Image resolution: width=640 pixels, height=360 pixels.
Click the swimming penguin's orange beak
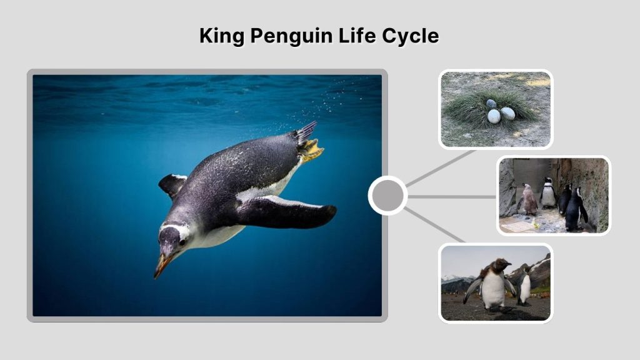click(x=162, y=266)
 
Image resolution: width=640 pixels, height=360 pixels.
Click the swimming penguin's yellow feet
click(x=311, y=150)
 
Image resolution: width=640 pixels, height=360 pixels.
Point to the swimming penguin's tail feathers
click(x=306, y=132)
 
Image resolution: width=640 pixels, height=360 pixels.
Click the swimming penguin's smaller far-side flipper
click(x=172, y=184)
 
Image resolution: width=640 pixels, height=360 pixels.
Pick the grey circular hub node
click(x=387, y=196)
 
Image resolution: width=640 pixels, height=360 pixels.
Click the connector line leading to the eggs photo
click(x=441, y=167)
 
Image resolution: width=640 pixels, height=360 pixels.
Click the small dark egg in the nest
click(x=491, y=104)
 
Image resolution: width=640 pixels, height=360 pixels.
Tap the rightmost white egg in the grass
click(x=507, y=114)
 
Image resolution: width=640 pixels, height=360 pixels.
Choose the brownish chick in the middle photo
click(x=529, y=199)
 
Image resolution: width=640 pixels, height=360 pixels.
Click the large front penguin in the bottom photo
click(x=493, y=284)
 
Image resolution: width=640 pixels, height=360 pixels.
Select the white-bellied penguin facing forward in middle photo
click(x=548, y=193)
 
